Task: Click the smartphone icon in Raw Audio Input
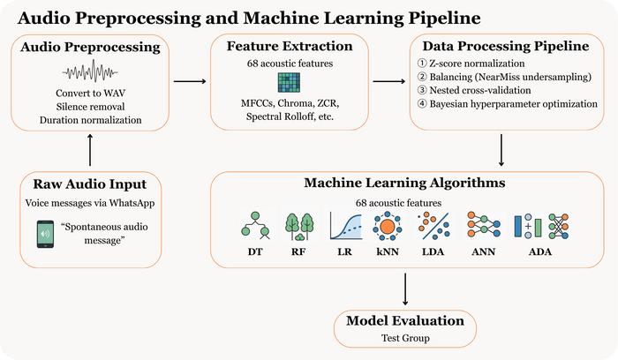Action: coord(46,235)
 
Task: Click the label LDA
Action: coord(434,254)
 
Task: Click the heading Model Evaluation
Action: coord(406,320)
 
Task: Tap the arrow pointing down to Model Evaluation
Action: coord(406,289)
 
